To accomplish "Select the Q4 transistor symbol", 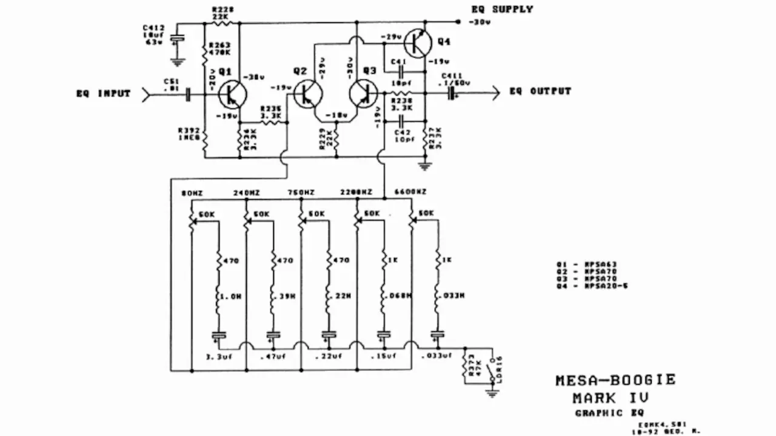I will point(418,43).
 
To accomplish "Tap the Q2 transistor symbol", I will point(307,94).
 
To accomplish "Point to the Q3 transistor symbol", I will point(364,94).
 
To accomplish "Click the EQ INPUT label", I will point(103,94).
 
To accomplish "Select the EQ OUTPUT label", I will point(540,91).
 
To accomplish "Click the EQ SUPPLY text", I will point(502,9).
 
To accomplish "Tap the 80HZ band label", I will point(192,193).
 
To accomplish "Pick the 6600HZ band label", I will point(410,192).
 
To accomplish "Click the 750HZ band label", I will point(301,193).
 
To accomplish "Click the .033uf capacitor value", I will point(435,356).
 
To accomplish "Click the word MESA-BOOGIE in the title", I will point(615,380).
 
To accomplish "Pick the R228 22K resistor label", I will point(219,13).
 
